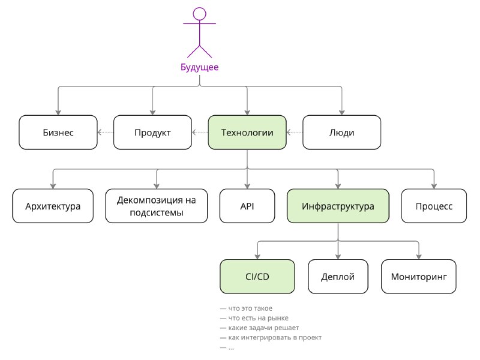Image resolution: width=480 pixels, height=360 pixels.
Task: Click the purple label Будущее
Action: coord(200,67)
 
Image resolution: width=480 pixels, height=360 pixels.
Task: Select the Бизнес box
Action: coord(58,132)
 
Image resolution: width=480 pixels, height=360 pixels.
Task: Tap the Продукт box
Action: coord(152,132)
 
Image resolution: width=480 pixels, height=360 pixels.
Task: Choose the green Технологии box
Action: coord(247,132)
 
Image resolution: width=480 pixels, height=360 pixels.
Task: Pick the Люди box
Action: coord(341,132)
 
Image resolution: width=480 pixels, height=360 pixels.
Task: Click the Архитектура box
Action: coord(53,206)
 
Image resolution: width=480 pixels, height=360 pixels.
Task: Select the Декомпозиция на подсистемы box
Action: coord(157,206)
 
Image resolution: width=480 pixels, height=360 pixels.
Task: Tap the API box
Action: coord(247,206)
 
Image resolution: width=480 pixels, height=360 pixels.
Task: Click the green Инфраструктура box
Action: coord(338,206)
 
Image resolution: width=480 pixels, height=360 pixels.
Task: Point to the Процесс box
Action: coord(434,206)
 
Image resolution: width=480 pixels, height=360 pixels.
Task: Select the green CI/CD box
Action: coord(257,277)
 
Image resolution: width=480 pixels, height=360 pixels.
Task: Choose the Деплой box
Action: coord(338,277)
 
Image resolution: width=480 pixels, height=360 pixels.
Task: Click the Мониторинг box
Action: coord(419,277)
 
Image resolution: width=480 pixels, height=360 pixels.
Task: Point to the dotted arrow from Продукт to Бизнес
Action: coord(106,132)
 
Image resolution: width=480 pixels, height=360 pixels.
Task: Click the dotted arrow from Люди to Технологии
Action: coord(295,132)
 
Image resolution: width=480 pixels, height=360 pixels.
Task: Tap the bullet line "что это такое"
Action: coord(246,308)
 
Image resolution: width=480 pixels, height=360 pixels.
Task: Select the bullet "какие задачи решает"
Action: coord(259,328)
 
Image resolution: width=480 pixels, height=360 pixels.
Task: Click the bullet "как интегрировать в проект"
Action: coord(271,338)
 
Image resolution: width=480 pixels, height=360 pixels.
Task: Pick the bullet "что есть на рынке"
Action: coord(254,318)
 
